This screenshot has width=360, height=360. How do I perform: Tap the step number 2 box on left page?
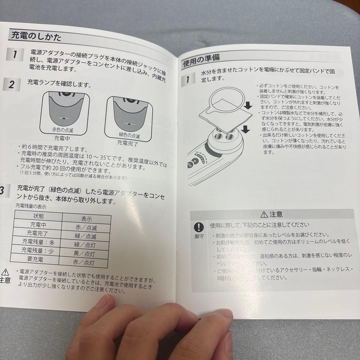(12, 85)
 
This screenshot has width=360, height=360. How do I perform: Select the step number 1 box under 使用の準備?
(188, 79)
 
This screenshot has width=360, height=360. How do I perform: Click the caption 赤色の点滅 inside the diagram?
(63, 130)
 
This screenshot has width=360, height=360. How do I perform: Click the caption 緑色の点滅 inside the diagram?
(129, 136)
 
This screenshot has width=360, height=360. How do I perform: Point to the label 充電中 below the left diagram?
(62, 138)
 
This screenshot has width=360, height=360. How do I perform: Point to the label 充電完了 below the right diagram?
(127, 144)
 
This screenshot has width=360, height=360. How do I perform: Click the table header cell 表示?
(87, 219)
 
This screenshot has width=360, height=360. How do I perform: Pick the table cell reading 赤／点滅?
(86, 228)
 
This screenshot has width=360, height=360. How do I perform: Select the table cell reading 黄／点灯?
(85, 254)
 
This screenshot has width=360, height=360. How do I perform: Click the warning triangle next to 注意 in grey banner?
(264, 214)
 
